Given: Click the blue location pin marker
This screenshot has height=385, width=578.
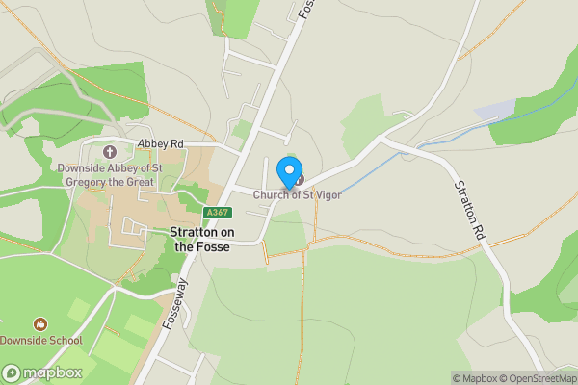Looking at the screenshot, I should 288,171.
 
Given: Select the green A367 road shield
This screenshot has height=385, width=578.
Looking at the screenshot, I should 218,213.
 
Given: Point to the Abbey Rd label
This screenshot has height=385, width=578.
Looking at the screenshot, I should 159,143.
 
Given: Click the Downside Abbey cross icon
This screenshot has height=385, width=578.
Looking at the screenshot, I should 109,151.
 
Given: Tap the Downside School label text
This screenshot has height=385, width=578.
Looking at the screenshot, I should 40,341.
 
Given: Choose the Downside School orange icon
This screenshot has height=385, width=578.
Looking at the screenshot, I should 39,324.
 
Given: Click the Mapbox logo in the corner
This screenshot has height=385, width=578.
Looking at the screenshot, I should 41,372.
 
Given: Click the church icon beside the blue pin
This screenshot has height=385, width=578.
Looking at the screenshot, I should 299,179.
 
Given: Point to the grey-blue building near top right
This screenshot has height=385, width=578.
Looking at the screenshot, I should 495,110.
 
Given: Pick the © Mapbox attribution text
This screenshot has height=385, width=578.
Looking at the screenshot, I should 476,378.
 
